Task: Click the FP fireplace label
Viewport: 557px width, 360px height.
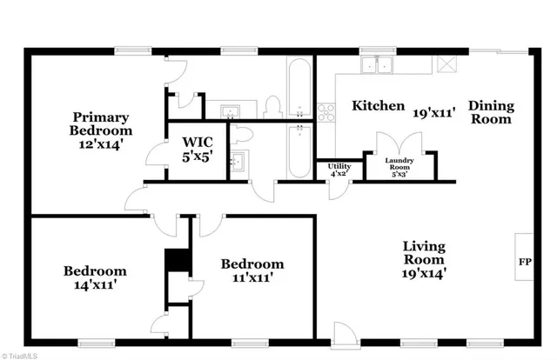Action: (x=525, y=261)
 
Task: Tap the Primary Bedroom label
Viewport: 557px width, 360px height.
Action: (x=101, y=130)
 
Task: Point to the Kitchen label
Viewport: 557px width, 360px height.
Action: (x=378, y=107)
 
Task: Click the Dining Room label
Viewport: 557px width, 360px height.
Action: (x=493, y=113)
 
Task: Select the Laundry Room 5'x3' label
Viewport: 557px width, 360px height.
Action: (x=399, y=165)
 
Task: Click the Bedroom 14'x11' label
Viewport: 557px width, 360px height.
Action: (x=95, y=277)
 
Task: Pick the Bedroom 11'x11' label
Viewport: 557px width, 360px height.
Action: (x=252, y=270)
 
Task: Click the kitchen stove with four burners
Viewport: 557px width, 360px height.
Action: (x=326, y=111)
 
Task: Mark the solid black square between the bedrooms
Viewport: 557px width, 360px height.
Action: (x=177, y=261)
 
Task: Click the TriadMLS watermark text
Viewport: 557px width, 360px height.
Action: (x=23, y=355)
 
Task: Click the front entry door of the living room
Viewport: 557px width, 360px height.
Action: (x=345, y=333)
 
